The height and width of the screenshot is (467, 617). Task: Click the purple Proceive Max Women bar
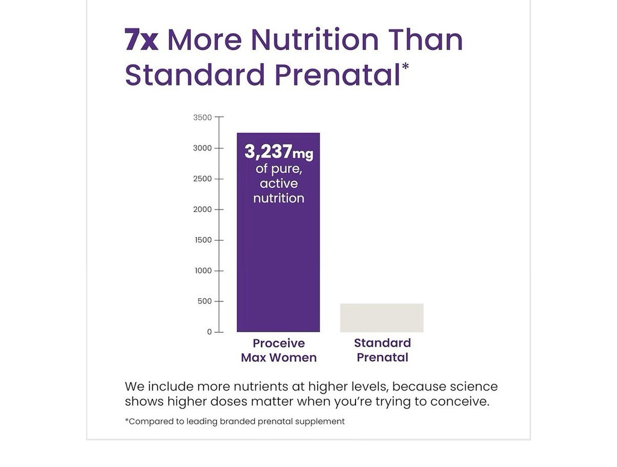click(x=278, y=232)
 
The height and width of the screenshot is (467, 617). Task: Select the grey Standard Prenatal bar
click(x=381, y=318)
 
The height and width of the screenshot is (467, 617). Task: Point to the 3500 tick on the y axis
click(x=202, y=117)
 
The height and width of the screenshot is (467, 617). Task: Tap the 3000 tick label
click(x=202, y=148)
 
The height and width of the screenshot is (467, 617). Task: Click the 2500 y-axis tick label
click(x=202, y=179)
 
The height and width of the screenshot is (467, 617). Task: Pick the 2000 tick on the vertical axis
click(x=202, y=209)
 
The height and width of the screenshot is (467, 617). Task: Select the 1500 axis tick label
click(x=204, y=240)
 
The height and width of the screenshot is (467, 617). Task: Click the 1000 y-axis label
click(x=204, y=271)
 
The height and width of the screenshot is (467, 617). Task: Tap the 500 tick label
click(x=205, y=302)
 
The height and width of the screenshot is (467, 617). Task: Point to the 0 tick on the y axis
click(x=210, y=332)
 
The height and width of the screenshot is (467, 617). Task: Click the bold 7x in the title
click(x=142, y=40)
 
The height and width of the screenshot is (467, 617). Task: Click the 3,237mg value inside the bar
click(x=278, y=152)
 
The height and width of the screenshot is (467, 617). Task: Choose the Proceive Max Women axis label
click(x=278, y=350)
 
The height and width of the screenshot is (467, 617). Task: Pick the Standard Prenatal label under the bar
click(x=383, y=350)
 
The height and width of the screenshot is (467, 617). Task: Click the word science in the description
click(x=474, y=386)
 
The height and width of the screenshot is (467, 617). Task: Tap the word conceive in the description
click(x=460, y=402)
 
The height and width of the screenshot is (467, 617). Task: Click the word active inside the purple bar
click(x=278, y=184)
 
